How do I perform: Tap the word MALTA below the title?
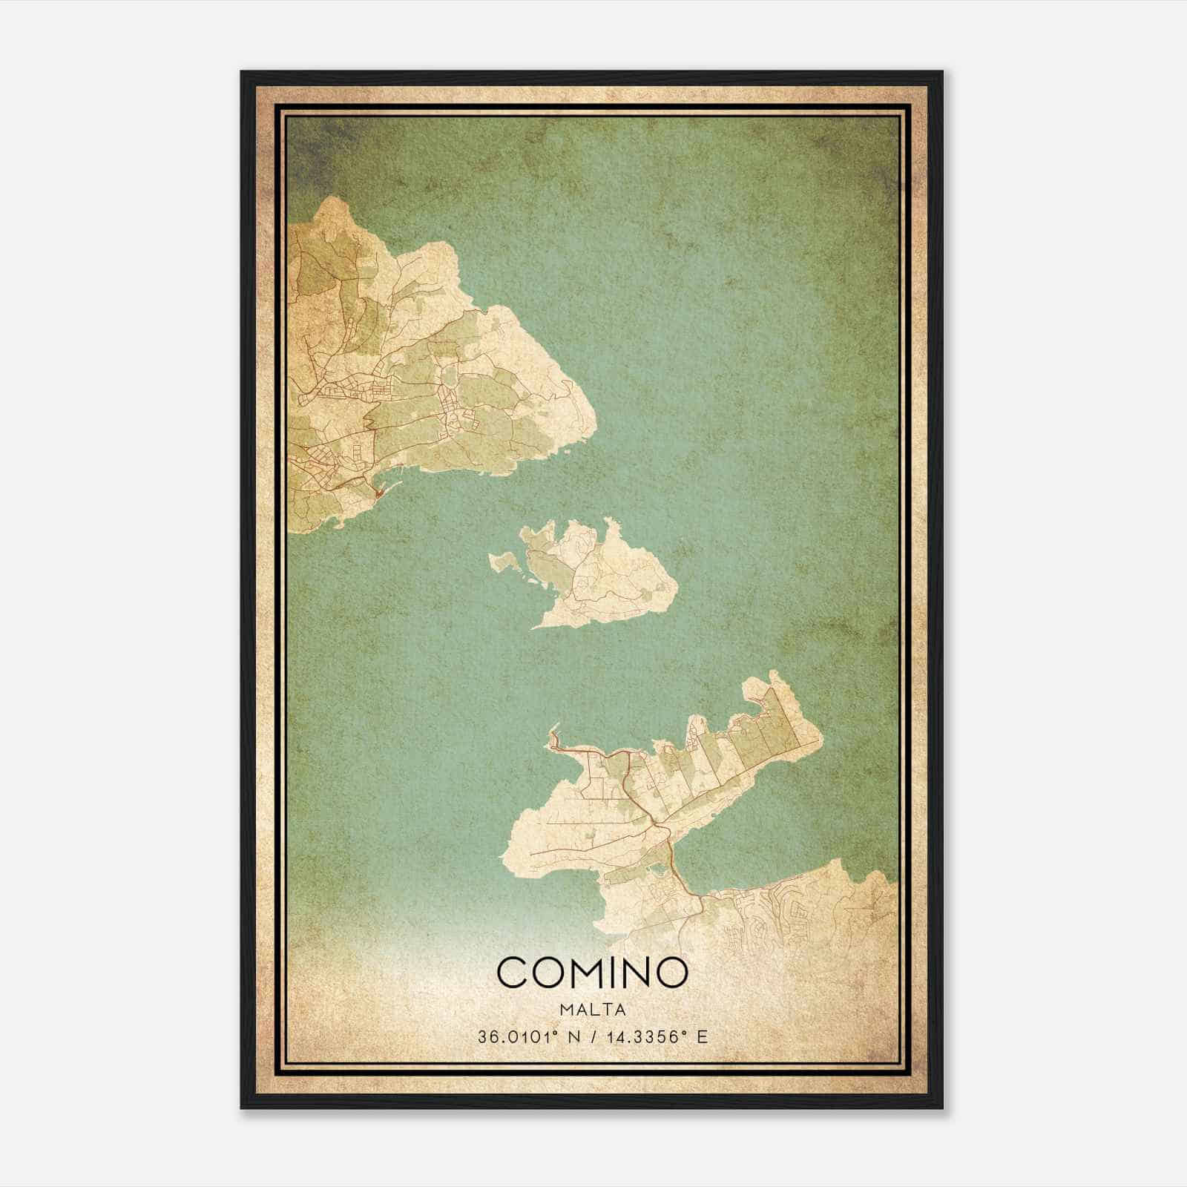tap(593, 1010)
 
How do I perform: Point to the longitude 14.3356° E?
tap(656, 1036)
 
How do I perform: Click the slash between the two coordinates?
tap(589, 1036)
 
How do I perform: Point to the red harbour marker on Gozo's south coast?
tap(379, 492)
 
